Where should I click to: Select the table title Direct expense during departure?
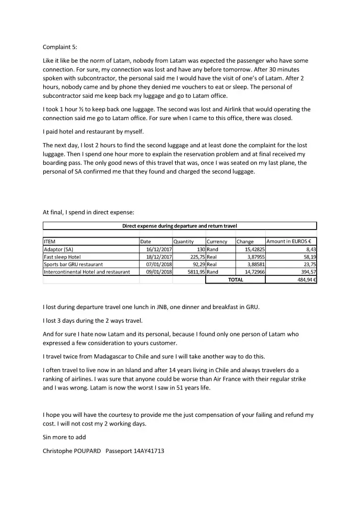click(x=180, y=225)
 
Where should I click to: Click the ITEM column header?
click(x=50, y=241)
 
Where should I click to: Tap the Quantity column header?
click(x=184, y=241)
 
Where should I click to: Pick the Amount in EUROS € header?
click(x=289, y=241)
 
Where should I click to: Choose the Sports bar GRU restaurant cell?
click(x=73, y=265)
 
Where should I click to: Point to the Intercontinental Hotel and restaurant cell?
click(x=87, y=272)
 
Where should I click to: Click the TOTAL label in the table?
click(x=236, y=279)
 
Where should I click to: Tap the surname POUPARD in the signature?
click(x=89, y=451)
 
